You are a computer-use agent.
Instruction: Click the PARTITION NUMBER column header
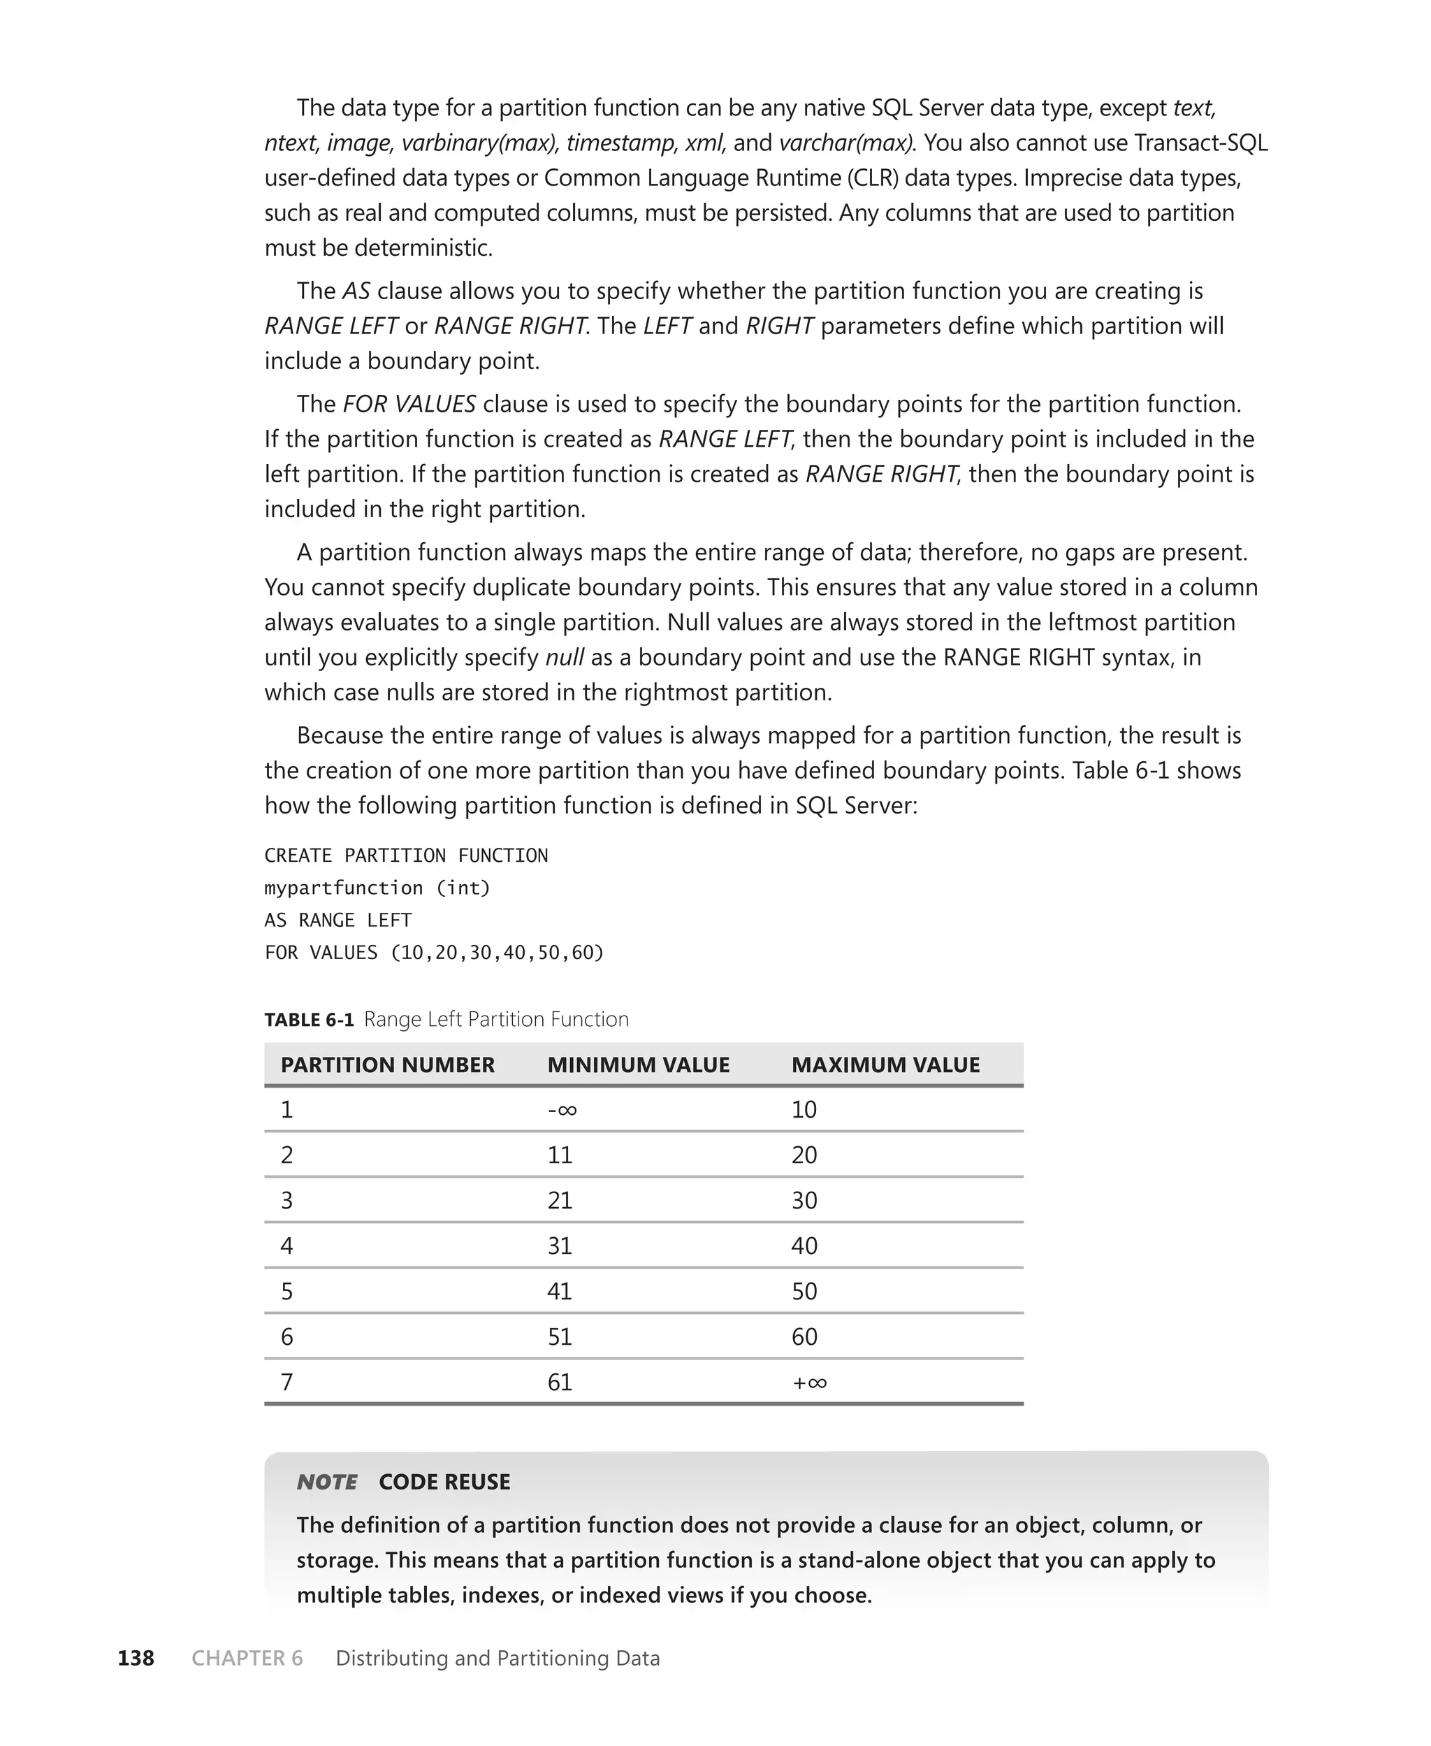(387, 1065)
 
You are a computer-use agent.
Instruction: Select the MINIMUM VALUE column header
(638, 1065)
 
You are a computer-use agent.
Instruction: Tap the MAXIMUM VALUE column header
(885, 1065)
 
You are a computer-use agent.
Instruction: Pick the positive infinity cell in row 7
(808, 1383)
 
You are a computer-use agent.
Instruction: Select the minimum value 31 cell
(560, 1246)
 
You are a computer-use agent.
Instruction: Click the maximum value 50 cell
(804, 1291)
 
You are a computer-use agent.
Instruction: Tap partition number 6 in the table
(287, 1336)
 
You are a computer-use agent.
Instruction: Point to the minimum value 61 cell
(560, 1383)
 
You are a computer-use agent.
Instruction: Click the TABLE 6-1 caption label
(309, 1020)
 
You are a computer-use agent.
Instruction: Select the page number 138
(136, 1658)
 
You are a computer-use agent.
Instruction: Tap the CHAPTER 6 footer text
(247, 1658)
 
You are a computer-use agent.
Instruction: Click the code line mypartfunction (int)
(377, 888)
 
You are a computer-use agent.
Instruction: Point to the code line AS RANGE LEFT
(338, 920)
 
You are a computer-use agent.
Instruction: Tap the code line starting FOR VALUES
(434, 952)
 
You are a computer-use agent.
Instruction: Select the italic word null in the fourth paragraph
(565, 657)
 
